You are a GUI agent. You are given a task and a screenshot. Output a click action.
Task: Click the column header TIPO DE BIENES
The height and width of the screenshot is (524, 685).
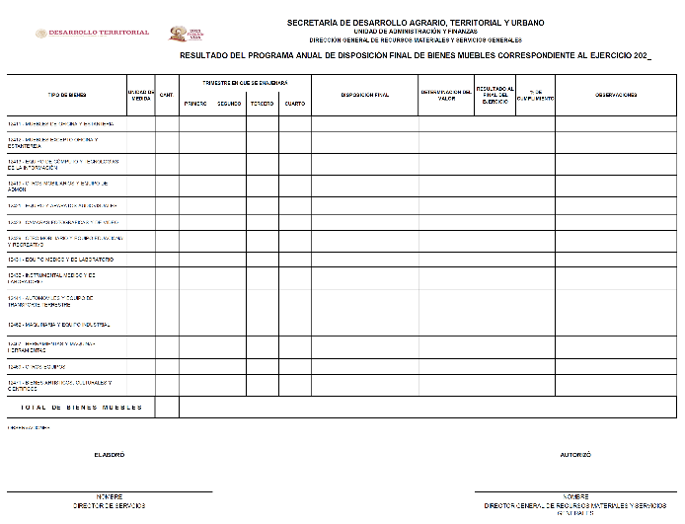(67, 95)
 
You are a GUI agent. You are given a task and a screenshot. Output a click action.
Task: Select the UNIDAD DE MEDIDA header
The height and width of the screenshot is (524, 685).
(141, 95)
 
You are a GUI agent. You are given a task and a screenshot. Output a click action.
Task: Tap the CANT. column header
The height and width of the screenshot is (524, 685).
(167, 95)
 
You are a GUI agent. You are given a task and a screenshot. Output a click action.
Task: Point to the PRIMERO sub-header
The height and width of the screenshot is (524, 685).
(194, 104)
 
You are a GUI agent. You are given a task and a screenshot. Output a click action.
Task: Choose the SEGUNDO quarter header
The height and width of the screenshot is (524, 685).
(229, 104)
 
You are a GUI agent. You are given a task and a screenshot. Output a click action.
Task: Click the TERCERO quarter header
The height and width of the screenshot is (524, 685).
(262, 104)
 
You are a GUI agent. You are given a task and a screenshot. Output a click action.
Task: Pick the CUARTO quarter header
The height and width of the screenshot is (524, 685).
(294, 104)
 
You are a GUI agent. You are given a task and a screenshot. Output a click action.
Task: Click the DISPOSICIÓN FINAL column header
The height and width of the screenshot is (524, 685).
(365, 95)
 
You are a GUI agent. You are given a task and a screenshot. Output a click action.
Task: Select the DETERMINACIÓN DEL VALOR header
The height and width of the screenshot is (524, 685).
(446, 95)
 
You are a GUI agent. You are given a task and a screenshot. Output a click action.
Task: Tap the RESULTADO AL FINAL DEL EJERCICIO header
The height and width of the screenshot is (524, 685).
(495, 95)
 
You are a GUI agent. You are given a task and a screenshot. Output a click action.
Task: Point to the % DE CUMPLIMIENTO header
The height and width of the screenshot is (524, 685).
(535, 96)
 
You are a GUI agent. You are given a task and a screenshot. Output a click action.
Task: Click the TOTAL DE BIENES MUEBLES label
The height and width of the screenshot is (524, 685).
(81, 407)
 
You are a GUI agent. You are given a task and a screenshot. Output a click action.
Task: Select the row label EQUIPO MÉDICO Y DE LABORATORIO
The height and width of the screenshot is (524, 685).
(62, 259)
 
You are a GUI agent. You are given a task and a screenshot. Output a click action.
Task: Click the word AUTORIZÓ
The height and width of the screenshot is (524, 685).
(575, 455)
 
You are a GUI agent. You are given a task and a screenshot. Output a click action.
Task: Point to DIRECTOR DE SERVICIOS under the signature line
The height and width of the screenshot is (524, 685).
(109, 504)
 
